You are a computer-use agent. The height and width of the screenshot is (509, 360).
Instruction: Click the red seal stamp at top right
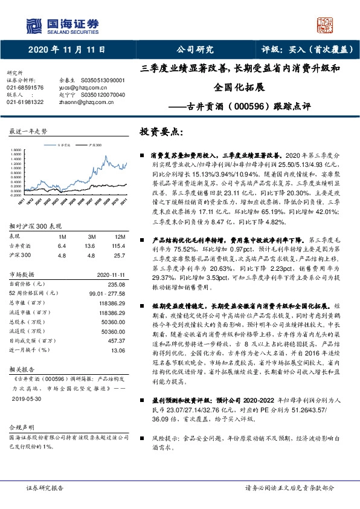[326, 25]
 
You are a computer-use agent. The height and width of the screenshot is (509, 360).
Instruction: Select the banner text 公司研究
[194, 49]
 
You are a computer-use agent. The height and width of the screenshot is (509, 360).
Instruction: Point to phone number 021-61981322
[25, 102]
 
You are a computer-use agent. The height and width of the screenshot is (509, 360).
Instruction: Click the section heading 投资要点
[161, 131]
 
